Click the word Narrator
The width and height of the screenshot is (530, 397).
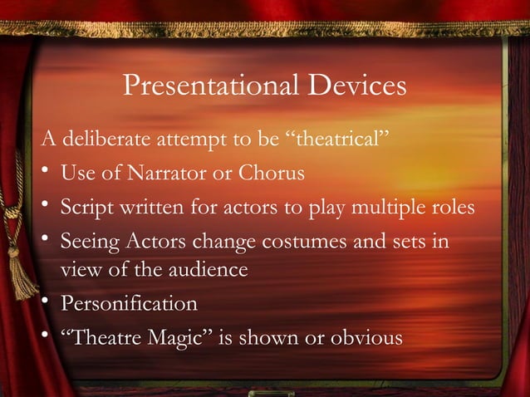[x=159, y=173]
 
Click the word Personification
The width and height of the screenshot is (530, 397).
[x=129, y=304]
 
